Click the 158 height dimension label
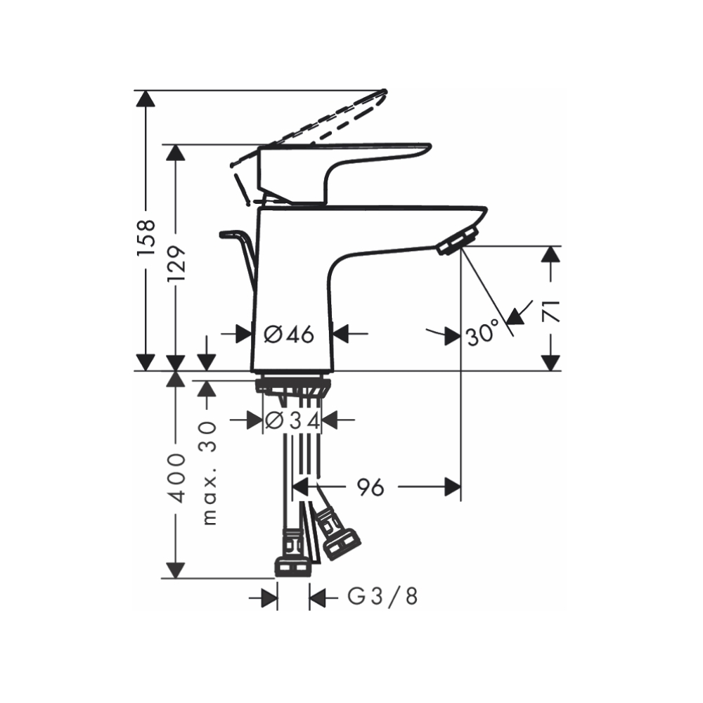tap(146, 236)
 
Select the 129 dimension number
tap(176, 263)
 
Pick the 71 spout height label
tap(552, 309)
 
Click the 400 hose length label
tap(176, 477)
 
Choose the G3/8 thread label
tap(383, 598)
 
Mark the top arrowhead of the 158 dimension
tap(146, 98)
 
